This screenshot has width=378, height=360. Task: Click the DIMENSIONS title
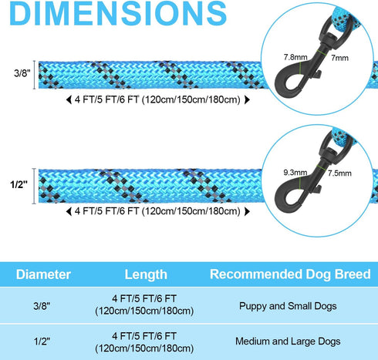pyautogui.click(x=118, y=13)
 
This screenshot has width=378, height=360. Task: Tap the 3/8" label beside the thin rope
pyautogui.click(x=22, y=73)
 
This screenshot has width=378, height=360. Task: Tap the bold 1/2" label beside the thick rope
pyautogui.click(x=19, y=184)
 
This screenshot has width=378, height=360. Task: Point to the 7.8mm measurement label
pyautogui.click(x=295, y=57)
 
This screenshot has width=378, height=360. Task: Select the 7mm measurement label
pyautogui.click(x=339, y=58)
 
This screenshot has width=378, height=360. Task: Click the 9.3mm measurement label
pyautogui.click(x=295, y=173)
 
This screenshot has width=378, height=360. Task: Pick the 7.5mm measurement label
pyautogui.click(x=339, y=173)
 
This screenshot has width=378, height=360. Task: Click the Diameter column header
pyautogui.click(x=43, y=274)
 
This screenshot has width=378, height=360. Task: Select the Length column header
pyautogui.click(x=146, y=274)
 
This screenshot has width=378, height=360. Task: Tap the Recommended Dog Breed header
pyautogui.click(x=290, y=274)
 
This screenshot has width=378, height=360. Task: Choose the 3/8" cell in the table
pyautogui.click(x=42, y=306)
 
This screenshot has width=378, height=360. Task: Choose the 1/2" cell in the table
pyautogui.click(x=42, y=341)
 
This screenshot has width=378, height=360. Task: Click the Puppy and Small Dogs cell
pyautogui.click(x=288, y=306)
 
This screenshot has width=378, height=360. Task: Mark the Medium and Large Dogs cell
pyautogui.click(x=288, y=341)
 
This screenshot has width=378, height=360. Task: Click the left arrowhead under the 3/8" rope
pyautogui.click(x=69, y=99)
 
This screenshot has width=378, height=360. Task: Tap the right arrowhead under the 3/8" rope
pyautogui.click(x=247, y=99)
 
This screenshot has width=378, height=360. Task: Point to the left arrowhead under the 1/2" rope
pyautogui.click(x=69, y=211)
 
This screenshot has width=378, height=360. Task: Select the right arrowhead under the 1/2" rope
pyautogui.click(x=247, y=211)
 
